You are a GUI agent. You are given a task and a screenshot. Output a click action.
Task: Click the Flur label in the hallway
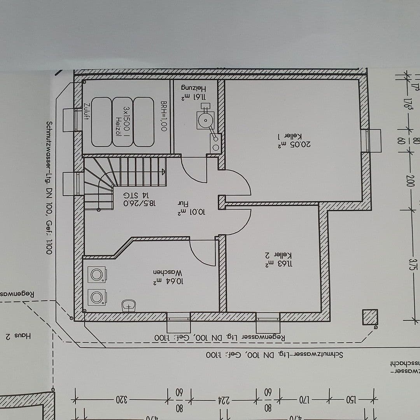pos(183,204)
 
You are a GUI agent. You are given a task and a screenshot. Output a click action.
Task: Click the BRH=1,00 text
pos(164,115)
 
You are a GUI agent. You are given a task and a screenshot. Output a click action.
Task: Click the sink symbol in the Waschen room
pos(129,305)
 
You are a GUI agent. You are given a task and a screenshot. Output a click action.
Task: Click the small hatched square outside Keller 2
pos(369,317)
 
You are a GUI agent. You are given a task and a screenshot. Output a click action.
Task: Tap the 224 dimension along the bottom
pos(223,399)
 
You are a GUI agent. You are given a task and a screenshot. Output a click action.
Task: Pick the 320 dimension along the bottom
pos(122,399)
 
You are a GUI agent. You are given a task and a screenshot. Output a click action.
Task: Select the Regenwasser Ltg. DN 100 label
pos(220,337)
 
